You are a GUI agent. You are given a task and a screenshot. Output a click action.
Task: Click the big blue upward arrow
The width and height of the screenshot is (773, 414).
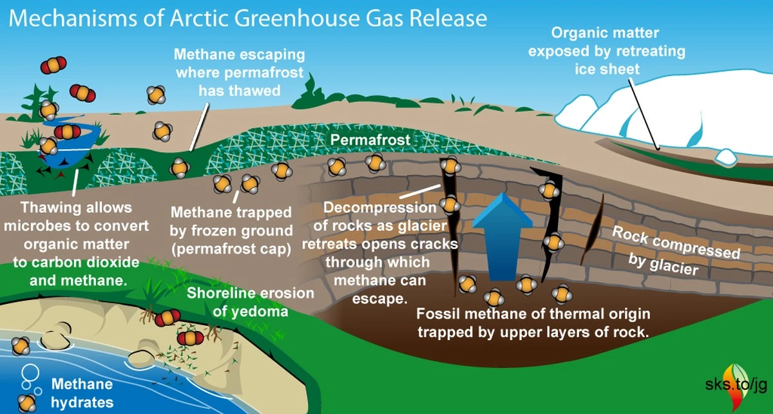(x=502, y=238)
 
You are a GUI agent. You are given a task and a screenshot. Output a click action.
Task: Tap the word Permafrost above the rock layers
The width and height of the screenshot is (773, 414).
(x=370, y=140)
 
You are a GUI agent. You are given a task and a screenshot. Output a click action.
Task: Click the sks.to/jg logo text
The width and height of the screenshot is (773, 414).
(x=736, y=384)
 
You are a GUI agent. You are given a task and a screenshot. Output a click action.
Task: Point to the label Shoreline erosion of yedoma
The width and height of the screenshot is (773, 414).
(x=251, y=302)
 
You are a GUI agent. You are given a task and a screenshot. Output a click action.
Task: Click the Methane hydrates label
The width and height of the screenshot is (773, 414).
(x=82, y=393)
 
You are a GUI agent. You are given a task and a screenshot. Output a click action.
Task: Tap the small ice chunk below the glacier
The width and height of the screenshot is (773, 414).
(x=726, y=156)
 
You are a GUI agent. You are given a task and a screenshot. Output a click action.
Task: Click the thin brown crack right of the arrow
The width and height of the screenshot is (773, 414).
(x=593, y=229)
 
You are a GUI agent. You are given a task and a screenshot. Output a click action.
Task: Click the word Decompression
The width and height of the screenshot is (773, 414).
(x=380, y=208)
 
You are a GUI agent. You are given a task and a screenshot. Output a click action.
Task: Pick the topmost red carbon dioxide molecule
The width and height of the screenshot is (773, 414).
(x=53, y=65)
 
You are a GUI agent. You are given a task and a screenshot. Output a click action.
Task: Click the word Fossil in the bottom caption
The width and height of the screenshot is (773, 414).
(x=435, y=314)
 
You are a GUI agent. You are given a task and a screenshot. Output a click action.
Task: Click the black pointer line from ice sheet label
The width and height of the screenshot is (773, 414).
(x=644, y=114)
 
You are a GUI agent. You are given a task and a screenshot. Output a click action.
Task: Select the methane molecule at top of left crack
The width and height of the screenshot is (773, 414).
(x=450, y=165)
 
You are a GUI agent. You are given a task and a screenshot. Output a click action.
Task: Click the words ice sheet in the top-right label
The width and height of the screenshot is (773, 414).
(x=607, y=69)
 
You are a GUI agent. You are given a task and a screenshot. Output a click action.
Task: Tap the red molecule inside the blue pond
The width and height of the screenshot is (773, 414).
(x=67, y=132)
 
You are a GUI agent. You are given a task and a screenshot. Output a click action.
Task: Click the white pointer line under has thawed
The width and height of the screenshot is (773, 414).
(x=200, y=127)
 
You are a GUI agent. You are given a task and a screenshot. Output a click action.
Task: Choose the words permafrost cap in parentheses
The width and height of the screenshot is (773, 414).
(x=231, y=249)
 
